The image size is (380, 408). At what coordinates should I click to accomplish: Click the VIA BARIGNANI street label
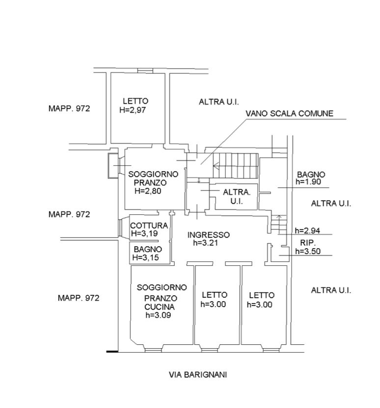pos(197,375)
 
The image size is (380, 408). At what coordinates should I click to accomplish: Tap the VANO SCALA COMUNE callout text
pos(290,113)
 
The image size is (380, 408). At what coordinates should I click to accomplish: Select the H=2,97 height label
pos(133,110)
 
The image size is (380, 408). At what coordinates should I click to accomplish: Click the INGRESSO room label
pos(208,234)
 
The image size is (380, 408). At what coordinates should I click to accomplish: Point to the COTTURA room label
pos(149,226)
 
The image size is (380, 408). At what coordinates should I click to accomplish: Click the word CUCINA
pos(159,307)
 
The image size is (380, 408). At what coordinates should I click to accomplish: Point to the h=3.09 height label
pos(159,316)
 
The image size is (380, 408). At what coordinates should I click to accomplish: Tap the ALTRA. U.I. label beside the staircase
pos(237,196)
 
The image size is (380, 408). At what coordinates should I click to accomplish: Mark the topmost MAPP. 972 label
pos(69,109)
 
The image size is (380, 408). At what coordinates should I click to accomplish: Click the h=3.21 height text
pos(208,242)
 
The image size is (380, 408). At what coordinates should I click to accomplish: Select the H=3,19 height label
pos(144,233)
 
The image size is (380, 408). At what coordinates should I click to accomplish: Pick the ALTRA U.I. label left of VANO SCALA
pos(218,102)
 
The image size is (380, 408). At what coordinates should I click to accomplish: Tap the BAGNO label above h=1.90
pos(311,174)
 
